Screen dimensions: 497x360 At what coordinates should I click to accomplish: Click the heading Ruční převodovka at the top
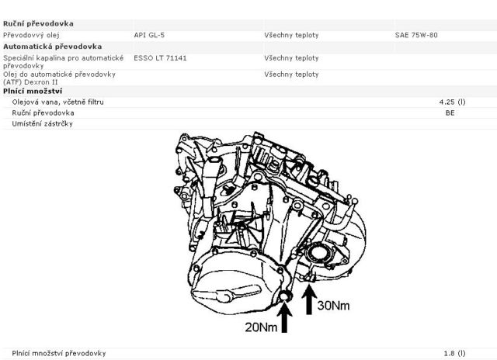coord(38,24)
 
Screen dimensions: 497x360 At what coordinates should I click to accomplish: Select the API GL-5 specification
coord(149,35)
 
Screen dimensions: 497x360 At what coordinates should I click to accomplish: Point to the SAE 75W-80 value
coord(416,35)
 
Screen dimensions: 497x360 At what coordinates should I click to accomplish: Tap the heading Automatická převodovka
coord(52,47)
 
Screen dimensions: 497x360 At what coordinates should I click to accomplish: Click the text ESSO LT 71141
coord(160,58)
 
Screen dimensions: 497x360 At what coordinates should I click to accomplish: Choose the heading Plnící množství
coord(33,92)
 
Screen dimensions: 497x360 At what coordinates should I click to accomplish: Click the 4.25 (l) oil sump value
coord(452,102)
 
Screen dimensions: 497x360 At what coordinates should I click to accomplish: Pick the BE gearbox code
coord(450,112)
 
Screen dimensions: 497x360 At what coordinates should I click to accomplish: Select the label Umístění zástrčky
coord(43,124)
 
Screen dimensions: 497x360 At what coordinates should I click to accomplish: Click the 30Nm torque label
coord(333,305)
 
